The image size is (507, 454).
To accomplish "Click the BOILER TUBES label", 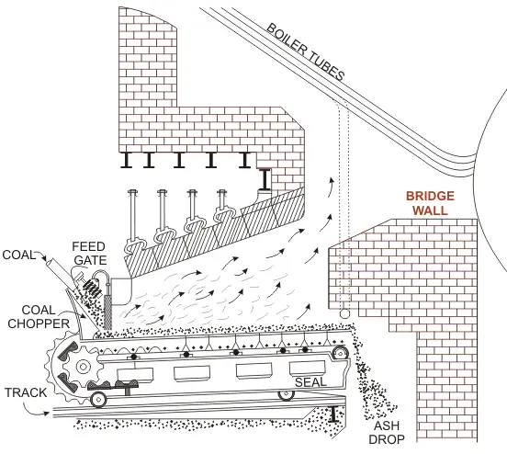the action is (306, 51).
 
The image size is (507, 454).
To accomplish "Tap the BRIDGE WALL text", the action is (430, 203).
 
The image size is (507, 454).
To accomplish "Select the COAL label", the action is (18, 255).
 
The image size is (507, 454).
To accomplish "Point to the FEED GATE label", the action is (90, 254).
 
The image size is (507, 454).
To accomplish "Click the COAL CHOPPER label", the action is (39, 317).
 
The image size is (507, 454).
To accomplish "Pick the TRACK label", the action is (26, 392).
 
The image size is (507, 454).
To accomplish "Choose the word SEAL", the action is (310, 382).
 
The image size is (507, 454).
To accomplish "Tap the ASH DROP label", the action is (387, 433).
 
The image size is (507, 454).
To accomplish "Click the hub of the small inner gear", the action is (83, 367).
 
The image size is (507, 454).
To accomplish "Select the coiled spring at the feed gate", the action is (93, 288).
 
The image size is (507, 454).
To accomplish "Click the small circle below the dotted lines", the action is (344, 313).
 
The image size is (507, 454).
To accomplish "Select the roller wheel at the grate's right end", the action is (340, 353).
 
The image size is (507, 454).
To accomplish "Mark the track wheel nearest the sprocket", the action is (98, 399).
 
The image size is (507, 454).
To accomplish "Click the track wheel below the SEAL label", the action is (287, 394).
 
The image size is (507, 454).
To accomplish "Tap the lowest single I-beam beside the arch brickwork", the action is (265, 179).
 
